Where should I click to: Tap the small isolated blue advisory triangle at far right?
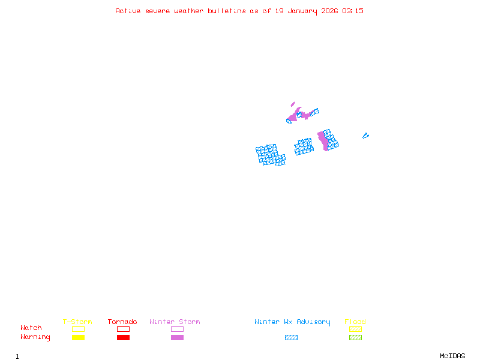[365, 136]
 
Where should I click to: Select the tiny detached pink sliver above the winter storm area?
[293, 104]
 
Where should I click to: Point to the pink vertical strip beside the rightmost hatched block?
[323, 140]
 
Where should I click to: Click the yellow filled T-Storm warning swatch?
[78, 338]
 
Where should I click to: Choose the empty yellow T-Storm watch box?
[78, 329]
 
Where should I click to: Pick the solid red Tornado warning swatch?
[123, 338]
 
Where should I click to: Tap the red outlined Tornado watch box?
[123, 329]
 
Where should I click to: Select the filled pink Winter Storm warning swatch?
[177, 338]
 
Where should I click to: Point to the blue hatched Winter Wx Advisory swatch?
[291, 338]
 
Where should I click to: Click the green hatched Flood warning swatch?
[355, 338]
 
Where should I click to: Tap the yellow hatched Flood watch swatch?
[355, 329]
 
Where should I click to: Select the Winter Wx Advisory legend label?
[292, 322]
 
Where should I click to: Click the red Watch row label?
[31, 328]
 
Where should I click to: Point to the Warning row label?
[35, 337]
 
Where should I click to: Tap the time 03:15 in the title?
[353, 11]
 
